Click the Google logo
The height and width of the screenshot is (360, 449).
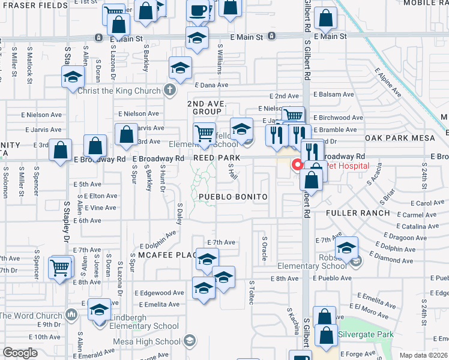click(x=20, y=353)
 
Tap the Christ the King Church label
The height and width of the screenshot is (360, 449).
click(x=118, y=90)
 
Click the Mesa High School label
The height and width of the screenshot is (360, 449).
click(x=154, y=342)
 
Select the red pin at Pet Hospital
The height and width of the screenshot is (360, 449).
click(x=297, y=164)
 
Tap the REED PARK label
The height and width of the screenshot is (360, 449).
click(x=217, y=158)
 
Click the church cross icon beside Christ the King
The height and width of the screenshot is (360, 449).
click(x=170, y=90)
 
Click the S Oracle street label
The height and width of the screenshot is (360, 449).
click(x=264, y=248)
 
